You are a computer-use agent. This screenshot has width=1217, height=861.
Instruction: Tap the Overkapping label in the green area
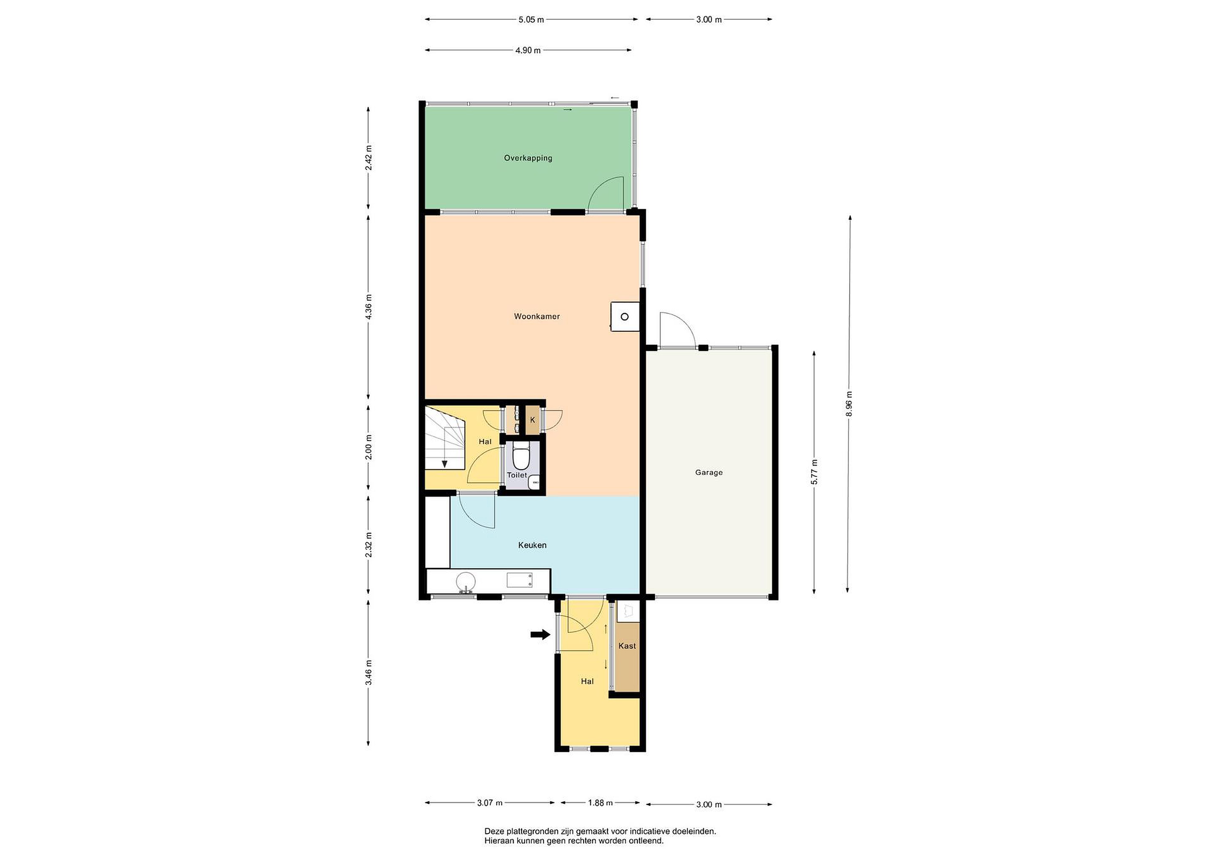[x=528, y=158]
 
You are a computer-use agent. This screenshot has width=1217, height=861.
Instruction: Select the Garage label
[x=709, y=473]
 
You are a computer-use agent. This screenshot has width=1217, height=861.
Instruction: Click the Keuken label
[x=532, y=545]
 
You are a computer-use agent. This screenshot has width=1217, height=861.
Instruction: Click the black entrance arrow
[x=540, y=634]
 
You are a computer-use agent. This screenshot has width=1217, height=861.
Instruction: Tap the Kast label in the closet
[x=627, y=646]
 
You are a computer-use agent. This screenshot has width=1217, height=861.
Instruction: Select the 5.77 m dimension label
[x=814, y=472]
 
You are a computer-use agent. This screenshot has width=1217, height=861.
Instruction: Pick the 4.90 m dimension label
[x=528, y=51]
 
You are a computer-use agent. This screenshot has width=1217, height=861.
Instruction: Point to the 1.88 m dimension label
[x=600, y=803]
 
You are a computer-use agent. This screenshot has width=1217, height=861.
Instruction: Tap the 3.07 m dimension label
[x=489, y=803]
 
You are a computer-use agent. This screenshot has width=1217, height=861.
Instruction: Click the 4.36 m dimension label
[x=369, y=306]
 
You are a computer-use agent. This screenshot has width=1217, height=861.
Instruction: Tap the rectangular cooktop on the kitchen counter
[x=519, y=580]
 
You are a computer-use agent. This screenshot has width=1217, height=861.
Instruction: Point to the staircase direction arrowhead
[x=445, y=465]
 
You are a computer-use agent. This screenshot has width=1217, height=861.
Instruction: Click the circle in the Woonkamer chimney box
[x=625, y=317]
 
